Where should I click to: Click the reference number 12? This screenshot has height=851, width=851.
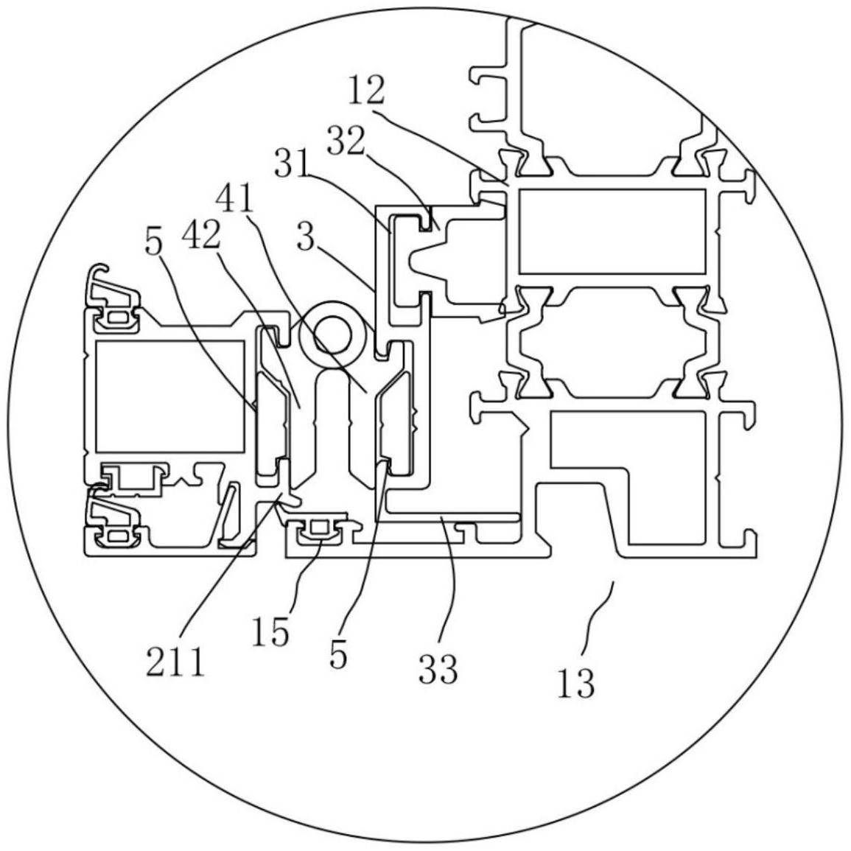(x=366, y=91)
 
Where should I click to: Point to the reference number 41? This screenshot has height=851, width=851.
(x=235, y=199)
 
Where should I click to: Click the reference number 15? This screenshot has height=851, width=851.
(x=270, y=631)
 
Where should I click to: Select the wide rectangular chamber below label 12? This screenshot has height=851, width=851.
(x=612, y=230)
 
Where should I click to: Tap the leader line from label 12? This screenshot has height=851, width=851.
(x=442, y=140)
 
